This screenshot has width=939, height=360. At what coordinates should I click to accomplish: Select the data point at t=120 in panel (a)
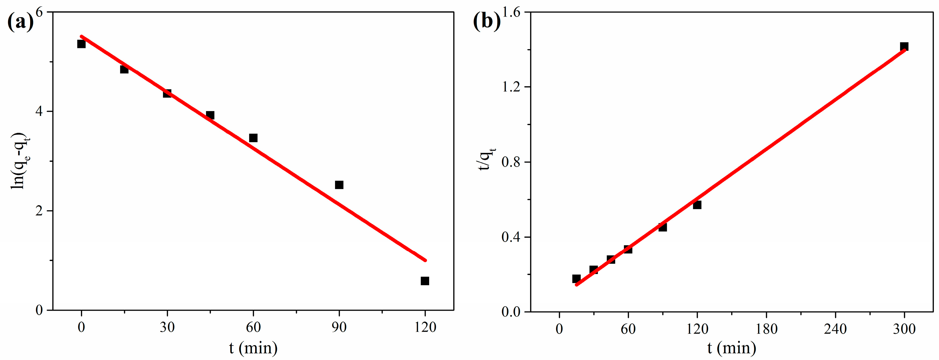(x=425, y=281)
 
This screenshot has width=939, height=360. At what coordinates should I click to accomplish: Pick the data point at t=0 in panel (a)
(x=81, y=44)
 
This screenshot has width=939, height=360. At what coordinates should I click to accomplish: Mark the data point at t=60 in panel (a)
(x=253, y=138)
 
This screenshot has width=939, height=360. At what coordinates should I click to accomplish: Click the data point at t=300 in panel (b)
(x=904, y=47)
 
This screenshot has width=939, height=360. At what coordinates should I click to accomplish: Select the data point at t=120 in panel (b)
(x=697, y=205)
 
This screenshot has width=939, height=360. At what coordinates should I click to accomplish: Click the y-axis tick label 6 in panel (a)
(x=39, y=12)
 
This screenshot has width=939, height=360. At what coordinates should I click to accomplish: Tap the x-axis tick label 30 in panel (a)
(x=167, y=327)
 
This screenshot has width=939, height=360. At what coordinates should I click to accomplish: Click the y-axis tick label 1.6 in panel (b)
(x=511, y=12)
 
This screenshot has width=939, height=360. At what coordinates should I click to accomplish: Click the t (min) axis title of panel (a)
(x=253, y=348)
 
